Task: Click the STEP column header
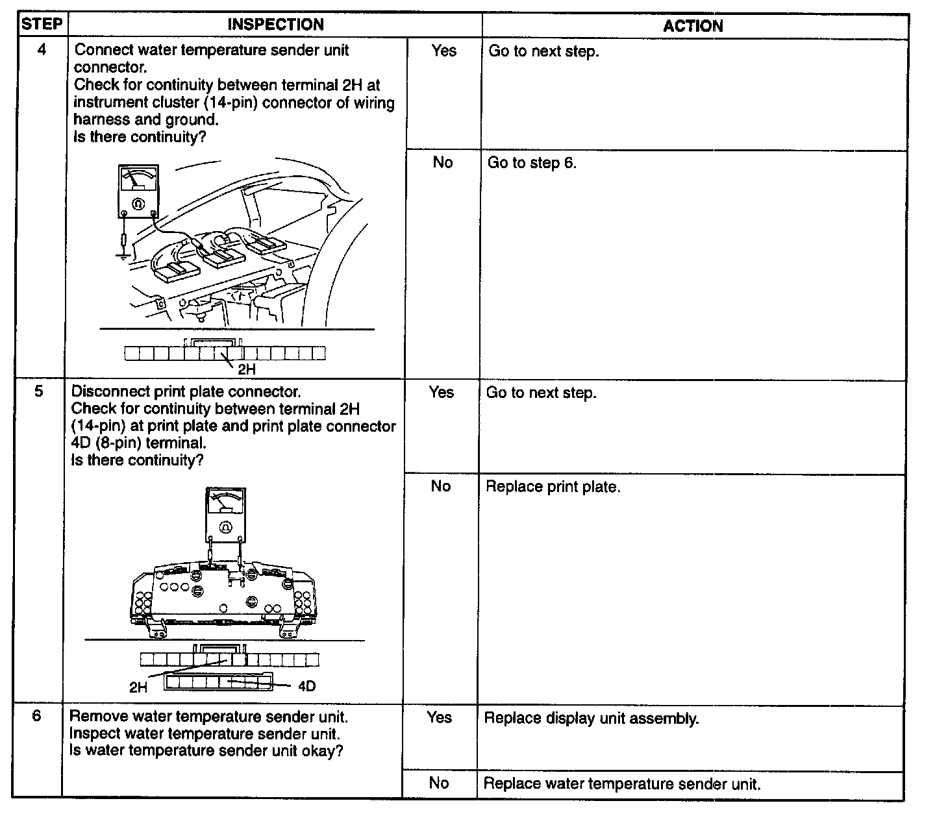(x=42, y=25)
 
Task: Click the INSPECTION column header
(x=275, y=25)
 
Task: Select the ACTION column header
(x=693, y=26)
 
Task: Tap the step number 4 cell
(x=42, y=50)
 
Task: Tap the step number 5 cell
(x=40, y=392)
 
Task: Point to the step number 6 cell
(x=37, y=717)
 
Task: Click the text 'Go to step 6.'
(x=532, y=163)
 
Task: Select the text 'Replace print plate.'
(x=553, y=487)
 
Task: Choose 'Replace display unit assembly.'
(x=592, y=719)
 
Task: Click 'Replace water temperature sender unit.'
(x=621, y=784)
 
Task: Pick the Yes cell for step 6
(x=439, y=717)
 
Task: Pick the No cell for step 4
(x=442, y=162)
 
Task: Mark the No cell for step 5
(x=440, y=486)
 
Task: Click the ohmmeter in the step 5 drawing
(x=226, y=515)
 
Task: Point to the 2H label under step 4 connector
(x=247, y=369)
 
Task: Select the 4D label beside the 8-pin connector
(x=306, y=686)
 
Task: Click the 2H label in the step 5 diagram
(x=138, y=687)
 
